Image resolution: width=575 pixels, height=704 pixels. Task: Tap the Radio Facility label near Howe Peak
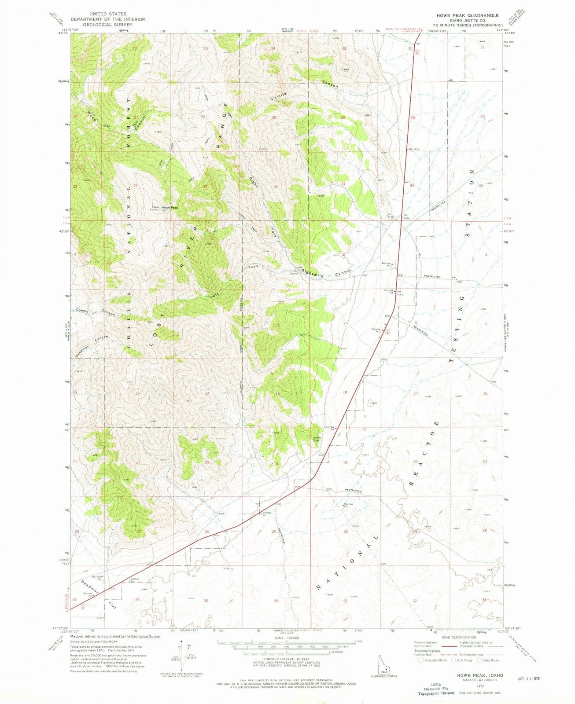tap(155, 209)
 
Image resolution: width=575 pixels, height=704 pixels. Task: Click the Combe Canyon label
tap(96, 312)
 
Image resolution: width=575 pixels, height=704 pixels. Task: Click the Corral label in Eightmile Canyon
tap(294, 273)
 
